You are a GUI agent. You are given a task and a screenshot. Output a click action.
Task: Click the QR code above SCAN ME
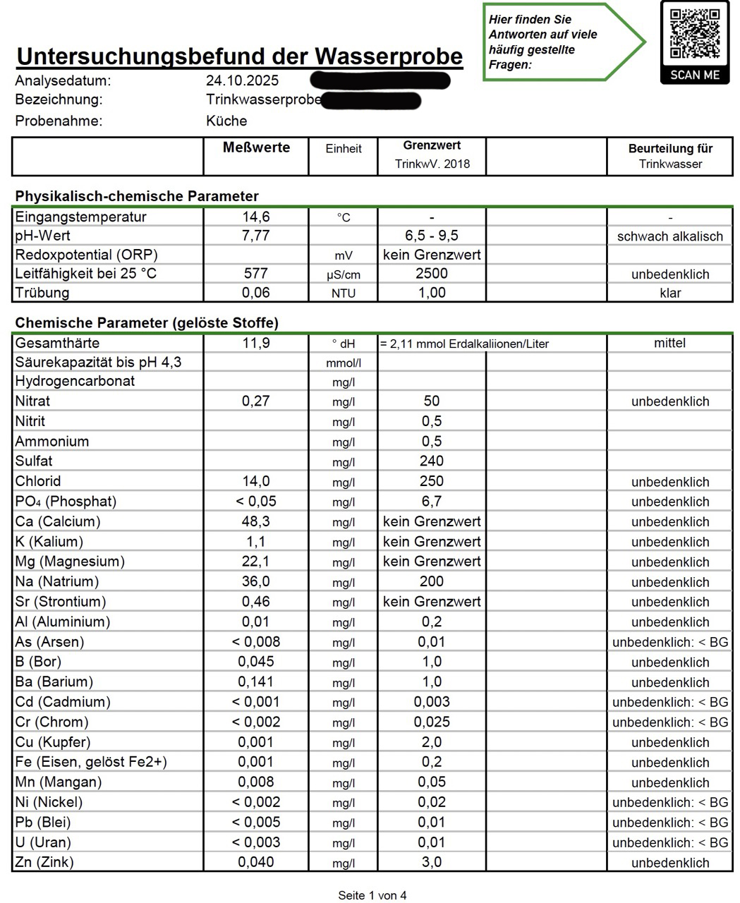[694, 33]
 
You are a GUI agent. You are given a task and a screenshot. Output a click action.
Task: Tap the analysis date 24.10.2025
[242, 80]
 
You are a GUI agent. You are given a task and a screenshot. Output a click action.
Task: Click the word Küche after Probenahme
[226, 121]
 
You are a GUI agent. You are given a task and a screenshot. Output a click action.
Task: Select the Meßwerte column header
[256, 147]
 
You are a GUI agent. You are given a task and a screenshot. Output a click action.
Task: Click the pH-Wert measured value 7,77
[255, 236]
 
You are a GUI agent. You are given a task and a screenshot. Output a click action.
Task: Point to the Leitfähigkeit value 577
[255, 274]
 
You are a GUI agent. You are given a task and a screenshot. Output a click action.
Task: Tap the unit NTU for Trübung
[344, 293]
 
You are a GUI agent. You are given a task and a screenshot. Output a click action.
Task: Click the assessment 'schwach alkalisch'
[669, 236]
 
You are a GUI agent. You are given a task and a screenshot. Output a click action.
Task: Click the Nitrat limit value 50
[432, 401]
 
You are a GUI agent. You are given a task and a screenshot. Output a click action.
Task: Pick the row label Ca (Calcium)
[58, 522]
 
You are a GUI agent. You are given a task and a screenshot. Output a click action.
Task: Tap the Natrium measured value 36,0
[255, 582]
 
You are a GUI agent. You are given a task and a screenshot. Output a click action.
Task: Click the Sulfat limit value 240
[432, 461]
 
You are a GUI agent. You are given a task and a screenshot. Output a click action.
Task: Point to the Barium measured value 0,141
[255, 682]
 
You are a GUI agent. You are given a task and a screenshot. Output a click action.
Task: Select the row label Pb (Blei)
[43, 823]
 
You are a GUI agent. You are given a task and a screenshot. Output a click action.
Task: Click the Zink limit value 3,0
[432, 862]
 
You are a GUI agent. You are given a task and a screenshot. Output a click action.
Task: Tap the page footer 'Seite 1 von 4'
[372, 895]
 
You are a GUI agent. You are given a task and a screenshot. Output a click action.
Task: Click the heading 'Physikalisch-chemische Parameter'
[137, 196]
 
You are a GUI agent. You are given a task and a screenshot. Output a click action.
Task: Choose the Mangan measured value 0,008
[255, 782]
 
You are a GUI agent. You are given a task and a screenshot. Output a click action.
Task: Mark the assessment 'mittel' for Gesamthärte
[669, 344]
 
